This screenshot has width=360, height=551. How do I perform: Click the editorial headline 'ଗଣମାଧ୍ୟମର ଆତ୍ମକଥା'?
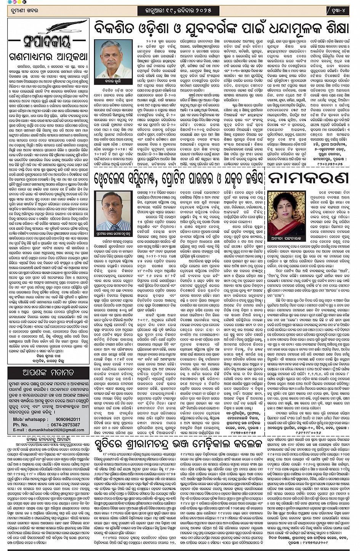[48, 57]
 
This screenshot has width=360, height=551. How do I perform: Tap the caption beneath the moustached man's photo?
[113, 232]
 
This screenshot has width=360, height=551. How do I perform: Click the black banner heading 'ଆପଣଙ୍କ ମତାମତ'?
[48, 372]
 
